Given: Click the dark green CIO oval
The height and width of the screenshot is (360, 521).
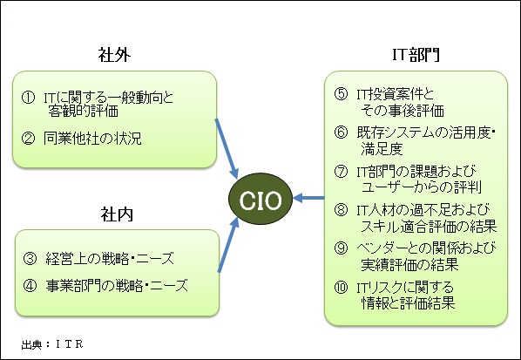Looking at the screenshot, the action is [260, 199].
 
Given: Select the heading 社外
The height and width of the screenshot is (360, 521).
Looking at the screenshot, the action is [114, 55].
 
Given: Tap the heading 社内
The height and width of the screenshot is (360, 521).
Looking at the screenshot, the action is [117, 214].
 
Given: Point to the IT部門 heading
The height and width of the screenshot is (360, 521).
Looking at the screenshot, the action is [416, 55].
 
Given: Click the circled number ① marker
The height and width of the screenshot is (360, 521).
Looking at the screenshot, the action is [28, 98].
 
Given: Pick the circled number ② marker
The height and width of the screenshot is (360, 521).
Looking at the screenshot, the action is [28, 138].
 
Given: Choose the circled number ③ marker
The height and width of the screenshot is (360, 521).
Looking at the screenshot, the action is [30, 258].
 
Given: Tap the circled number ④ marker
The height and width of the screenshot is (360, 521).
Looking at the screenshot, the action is [30, 286].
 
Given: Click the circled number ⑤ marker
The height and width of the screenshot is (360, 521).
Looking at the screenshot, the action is [341, 94].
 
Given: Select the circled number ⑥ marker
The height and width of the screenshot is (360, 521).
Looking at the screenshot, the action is [341, 132].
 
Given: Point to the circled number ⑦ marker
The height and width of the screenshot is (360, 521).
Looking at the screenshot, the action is [341, 172].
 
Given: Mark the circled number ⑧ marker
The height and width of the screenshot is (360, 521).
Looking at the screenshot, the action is [341, 210].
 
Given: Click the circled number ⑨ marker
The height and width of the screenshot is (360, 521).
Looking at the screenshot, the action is [341, 248].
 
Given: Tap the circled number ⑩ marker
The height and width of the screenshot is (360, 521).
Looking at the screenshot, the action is [341, 287].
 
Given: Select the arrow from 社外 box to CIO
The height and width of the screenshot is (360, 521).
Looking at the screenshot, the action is [227, 149].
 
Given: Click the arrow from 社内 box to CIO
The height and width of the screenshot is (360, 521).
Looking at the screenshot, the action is [228, 245].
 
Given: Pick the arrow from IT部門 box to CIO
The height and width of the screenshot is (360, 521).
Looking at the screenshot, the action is [308, 198].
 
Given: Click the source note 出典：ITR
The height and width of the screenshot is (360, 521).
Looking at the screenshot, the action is [52, 344].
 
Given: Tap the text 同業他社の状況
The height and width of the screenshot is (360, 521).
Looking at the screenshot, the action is [92, 139].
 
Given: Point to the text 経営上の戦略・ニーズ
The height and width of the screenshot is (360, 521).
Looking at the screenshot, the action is [110, 259].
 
